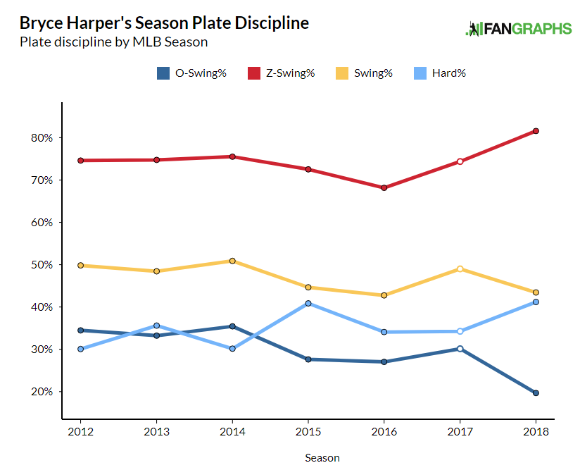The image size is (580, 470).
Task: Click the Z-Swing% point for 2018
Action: (536, 131)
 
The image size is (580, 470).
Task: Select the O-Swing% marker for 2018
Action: (536, 393)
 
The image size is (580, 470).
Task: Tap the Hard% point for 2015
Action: (308, 304)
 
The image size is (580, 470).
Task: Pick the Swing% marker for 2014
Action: (232, 261)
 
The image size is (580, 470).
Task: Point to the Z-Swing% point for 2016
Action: (384, 188)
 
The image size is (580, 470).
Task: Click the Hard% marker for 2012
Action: (80, 349)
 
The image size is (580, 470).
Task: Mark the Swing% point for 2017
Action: (460, 268)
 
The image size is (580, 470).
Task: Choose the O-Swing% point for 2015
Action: (308, 359)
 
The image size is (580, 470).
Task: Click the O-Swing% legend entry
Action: (191, 73)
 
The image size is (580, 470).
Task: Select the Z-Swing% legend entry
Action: (281, 73)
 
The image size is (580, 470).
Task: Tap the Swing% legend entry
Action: (364, 73)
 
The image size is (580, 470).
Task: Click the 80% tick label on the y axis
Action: (42, 138)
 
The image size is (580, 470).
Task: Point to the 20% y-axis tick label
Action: (42, 392)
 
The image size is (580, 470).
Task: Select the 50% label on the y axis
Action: (42, 265)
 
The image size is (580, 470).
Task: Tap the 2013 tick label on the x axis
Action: (156, 431)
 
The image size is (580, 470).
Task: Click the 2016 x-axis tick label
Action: (384, 431)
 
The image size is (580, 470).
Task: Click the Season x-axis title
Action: (322, 458)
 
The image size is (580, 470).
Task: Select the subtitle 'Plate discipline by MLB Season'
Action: (114, 42)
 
